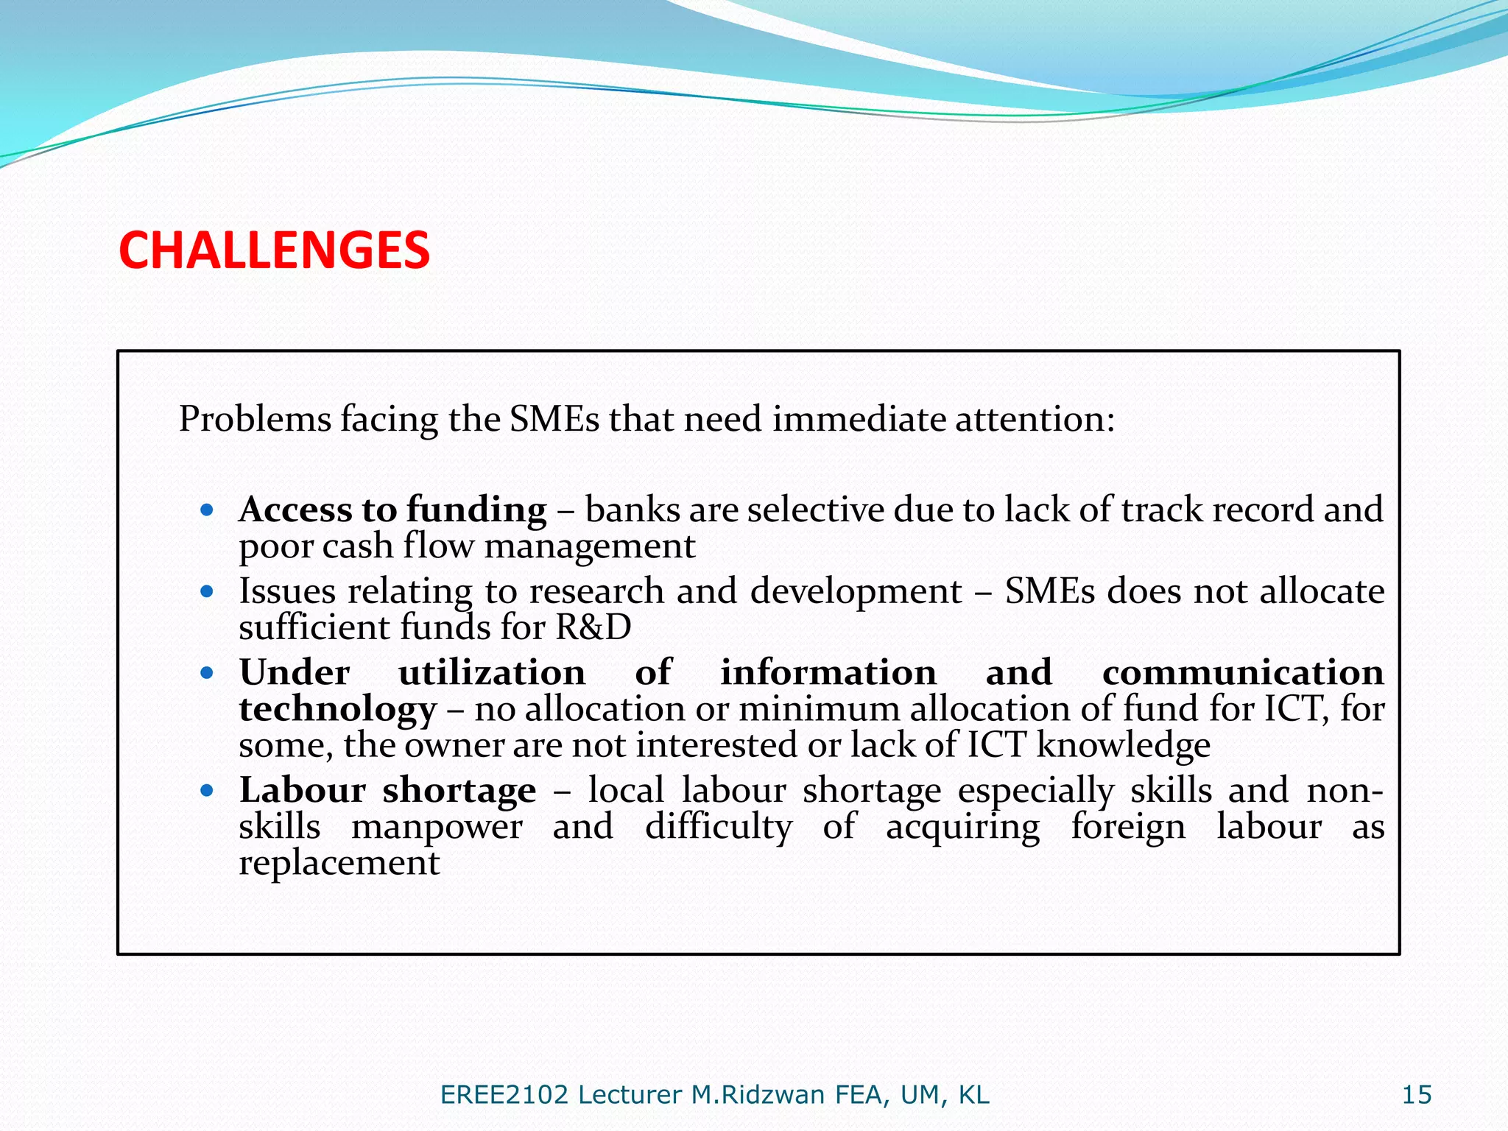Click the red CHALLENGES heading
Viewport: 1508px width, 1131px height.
274,250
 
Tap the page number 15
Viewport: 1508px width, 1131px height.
1416,1095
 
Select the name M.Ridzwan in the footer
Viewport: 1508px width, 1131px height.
758,1095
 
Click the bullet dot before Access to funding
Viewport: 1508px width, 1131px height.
207,510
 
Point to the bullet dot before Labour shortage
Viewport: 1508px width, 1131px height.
207,791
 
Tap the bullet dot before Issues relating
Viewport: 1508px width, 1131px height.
207,591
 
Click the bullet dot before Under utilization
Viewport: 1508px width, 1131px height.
207,672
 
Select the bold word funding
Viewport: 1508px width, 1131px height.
476,510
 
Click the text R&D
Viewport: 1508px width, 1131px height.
593,627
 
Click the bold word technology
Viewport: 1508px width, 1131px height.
338,709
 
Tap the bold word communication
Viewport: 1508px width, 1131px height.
1242,672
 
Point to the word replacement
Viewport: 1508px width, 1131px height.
339,863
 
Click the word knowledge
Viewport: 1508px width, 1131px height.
1123,745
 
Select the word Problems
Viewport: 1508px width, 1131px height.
255,419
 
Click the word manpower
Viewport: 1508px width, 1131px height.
437,827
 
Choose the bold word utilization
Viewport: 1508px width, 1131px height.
492,672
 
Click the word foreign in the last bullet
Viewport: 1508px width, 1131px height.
1127,827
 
